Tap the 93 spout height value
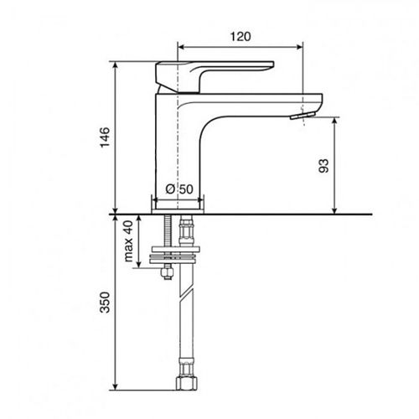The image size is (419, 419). click(324, 164)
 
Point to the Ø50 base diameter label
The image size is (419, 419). click(180, 189)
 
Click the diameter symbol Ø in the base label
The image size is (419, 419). click(170, 189)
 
